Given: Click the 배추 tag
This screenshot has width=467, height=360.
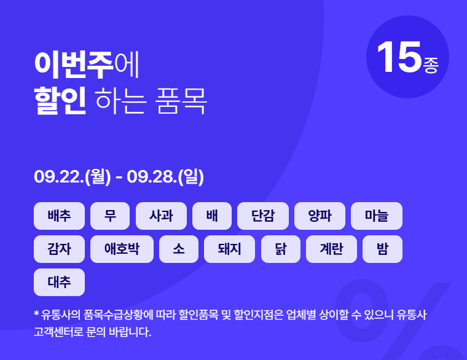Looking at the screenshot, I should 60,216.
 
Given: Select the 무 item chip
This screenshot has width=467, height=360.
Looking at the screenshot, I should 110,216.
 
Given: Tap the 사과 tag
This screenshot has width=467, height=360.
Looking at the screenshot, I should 161,216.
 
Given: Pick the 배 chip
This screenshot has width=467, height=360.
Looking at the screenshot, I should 212,216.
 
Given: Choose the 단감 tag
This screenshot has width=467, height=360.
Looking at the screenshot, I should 262,216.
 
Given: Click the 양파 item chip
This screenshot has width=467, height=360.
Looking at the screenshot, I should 320,216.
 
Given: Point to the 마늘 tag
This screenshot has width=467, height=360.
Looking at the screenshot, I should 376,216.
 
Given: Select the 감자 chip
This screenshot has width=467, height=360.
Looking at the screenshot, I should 60,249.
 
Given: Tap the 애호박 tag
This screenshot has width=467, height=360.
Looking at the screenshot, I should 122,249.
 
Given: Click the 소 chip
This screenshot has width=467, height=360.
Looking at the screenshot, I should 178,249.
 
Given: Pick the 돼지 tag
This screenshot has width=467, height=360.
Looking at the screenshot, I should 229,249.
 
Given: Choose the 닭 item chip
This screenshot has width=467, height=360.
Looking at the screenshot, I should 280,249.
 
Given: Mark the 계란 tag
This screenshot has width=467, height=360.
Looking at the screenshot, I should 331,249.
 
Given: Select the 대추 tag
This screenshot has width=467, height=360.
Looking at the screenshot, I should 60,282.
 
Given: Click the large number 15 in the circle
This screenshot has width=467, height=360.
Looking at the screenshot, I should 398,58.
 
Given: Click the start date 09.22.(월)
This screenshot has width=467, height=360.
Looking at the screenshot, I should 73,178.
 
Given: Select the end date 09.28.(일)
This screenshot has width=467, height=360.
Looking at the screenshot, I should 165,178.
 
